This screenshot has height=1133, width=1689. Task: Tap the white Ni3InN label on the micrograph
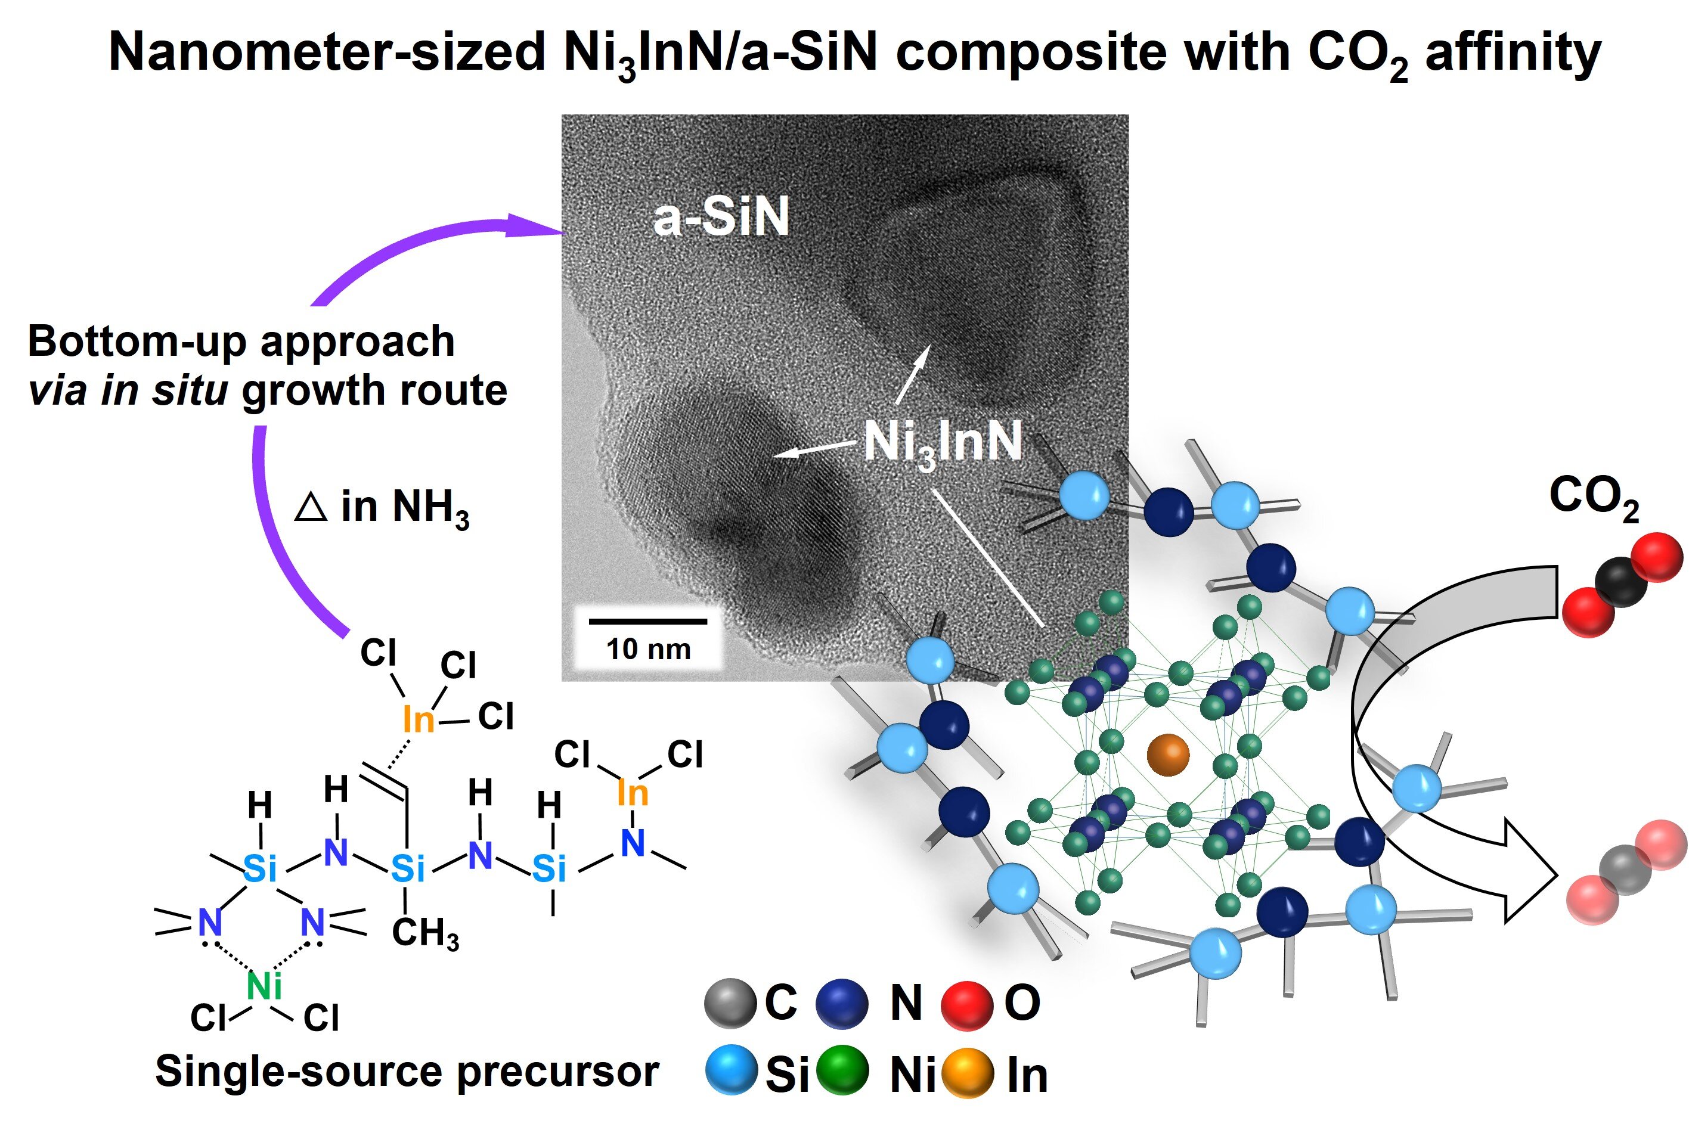943,442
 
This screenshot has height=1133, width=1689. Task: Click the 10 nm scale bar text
648,649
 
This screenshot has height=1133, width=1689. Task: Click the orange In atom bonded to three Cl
419,719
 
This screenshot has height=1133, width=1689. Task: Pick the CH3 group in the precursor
425,933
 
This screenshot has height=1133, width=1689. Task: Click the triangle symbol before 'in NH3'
311,507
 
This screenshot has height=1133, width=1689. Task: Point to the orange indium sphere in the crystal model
1167,755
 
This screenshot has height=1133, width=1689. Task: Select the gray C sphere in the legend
730,1003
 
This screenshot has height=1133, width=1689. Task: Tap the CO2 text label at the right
1594,497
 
